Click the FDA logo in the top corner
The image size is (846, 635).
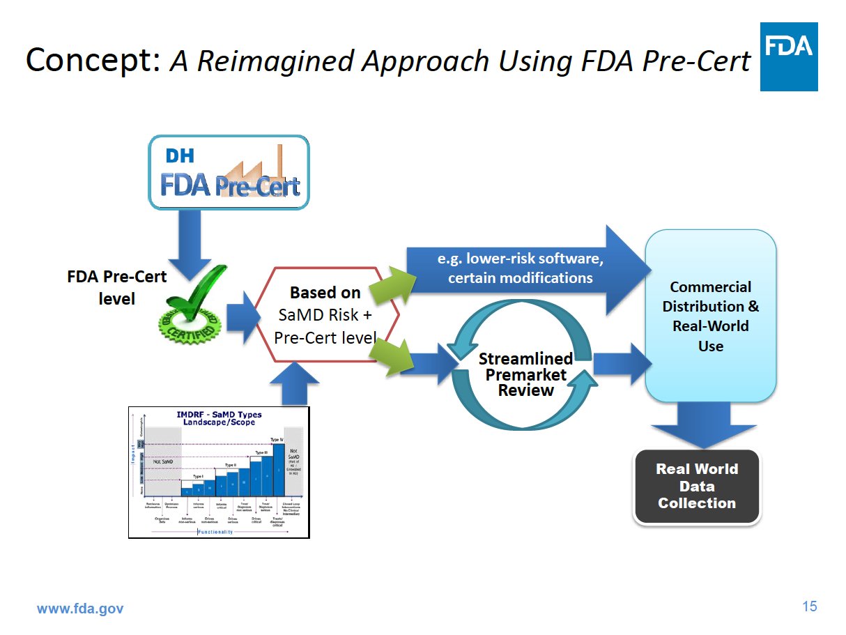(x=788, y=56)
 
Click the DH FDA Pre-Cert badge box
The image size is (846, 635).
(x=229, y=172)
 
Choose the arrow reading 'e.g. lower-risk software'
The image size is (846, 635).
(x=519, y=268)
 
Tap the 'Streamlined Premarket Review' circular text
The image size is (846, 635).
(x=525, y=374)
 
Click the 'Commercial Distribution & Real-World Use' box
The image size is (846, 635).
(x=710, y=316)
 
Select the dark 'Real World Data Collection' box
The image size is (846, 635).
(x=696, y=487)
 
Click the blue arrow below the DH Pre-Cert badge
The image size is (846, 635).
(x=190, y=240)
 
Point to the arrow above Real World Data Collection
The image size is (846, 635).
(x=703, y=424)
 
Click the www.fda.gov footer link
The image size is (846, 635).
(x=79, y=609)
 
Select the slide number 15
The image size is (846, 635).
(x=809, y=606)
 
